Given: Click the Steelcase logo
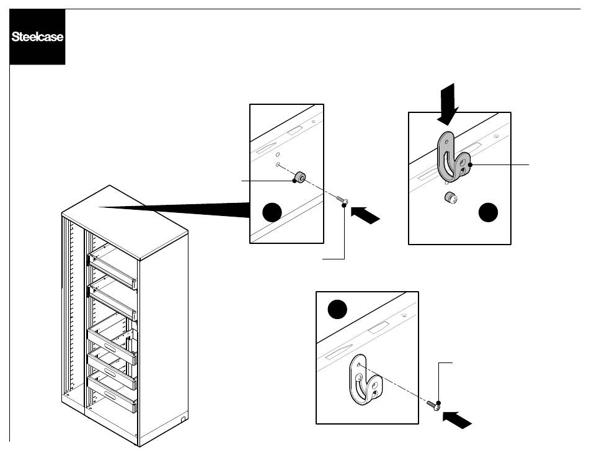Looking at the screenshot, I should (x=37, y=37).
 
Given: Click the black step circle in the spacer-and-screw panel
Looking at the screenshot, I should (x=273, y=213).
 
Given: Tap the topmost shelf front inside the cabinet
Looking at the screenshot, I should (x=113, y=264).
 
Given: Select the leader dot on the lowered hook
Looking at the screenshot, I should (x=472, y=164).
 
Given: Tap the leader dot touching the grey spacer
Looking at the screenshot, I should (x=294, y=181).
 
